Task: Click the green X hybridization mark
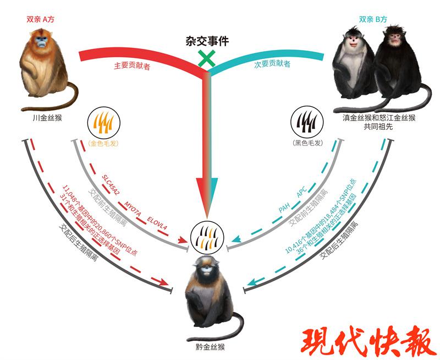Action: click(207, 58)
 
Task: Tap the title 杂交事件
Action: click(207, 41)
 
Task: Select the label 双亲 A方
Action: click(40, 19)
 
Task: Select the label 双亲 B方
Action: click(373, 19)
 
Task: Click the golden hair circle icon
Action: click(104, 123)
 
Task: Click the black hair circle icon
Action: click(307, 123)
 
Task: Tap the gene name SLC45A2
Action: click(111, 185)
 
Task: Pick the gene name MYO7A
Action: click(133, 209)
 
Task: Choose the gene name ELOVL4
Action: click(157, 223)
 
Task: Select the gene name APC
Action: click(301, 192)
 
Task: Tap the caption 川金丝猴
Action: click(47, 118)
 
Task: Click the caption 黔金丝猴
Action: click(210, 347)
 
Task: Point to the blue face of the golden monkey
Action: click(42, 42)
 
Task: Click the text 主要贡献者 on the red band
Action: click(132, 66)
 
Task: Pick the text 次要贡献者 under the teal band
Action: click(272, 64)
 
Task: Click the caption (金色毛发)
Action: click(103, 143)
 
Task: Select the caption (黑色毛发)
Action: click(307, 143)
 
